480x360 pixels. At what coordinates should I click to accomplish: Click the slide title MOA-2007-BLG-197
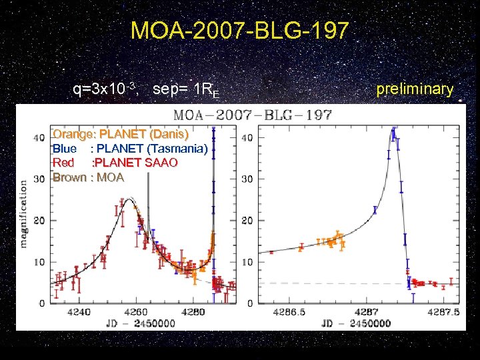tap(239, 31)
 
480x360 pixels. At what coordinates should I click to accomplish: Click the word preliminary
tap(414, 89)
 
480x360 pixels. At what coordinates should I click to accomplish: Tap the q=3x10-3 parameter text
tap(105, 89)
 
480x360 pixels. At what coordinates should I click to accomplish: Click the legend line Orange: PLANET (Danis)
tap(116, 134)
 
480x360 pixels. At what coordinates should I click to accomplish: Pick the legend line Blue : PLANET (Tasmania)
tap(130, 148)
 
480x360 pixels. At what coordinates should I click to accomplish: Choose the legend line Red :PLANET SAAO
tap(115, 163)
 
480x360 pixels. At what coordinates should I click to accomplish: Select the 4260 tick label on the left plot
tap(137, 311)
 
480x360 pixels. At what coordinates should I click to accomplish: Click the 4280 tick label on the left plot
tap(194, 311)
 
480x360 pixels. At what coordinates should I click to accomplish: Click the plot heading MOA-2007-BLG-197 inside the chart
tap(253, 115)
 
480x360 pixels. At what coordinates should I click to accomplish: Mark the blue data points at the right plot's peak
tap(394, 134)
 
